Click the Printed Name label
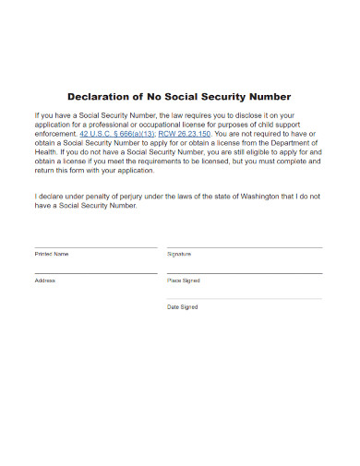pyautogui.click(x=51, y=253)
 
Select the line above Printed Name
pyautogui.click(x=95, y=247)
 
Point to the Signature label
pyautogui.click(x=179, y=253)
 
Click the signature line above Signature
pyautogui.click(x=245, y=247)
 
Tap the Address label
pyautogui.click(x=45, y=280)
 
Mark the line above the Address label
pyautogui.click(x=95, y=273)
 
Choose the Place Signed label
pyautogui.click(x=183, y=280)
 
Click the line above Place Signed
pyautogui.click(x=245, y=273)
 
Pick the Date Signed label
pyautogui.click(x=182, y=306)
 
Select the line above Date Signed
pyautogui.click(x=245, y=299)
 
